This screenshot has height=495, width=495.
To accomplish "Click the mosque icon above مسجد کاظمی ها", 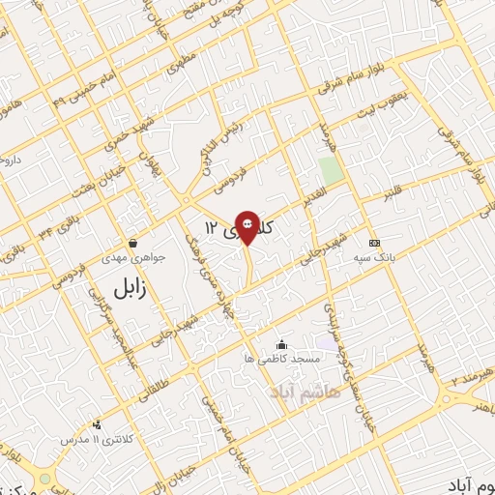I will [281, 344].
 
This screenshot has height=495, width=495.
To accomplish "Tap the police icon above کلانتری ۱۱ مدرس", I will [96, 424].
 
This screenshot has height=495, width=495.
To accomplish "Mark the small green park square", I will [332, 170].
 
